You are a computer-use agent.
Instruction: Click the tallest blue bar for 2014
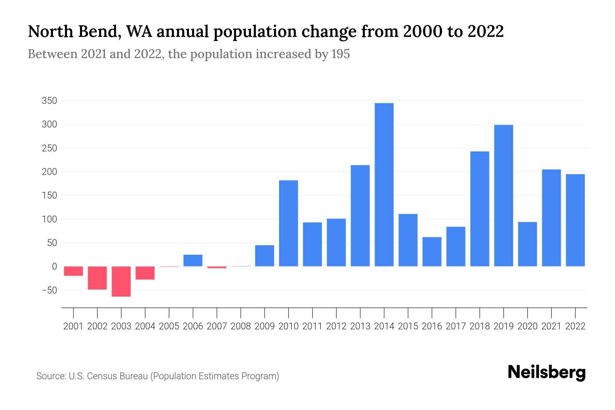384,184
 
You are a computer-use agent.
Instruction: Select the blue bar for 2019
504,195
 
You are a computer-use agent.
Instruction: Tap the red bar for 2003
121,281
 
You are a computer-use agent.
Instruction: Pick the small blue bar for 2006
193,260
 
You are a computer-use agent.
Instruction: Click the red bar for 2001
73,271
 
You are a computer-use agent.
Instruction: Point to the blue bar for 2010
288,223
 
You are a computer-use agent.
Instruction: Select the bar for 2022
575,220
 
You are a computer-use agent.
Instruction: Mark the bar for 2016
432,251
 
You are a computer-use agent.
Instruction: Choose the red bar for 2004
145,273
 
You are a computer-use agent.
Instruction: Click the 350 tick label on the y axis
49,101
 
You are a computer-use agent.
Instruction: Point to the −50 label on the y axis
49,290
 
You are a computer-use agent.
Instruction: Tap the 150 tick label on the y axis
49,196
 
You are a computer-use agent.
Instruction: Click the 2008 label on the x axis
241,326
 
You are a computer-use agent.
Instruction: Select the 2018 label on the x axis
479,326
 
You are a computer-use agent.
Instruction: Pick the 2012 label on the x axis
336,326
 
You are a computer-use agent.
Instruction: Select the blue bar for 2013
360,216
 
